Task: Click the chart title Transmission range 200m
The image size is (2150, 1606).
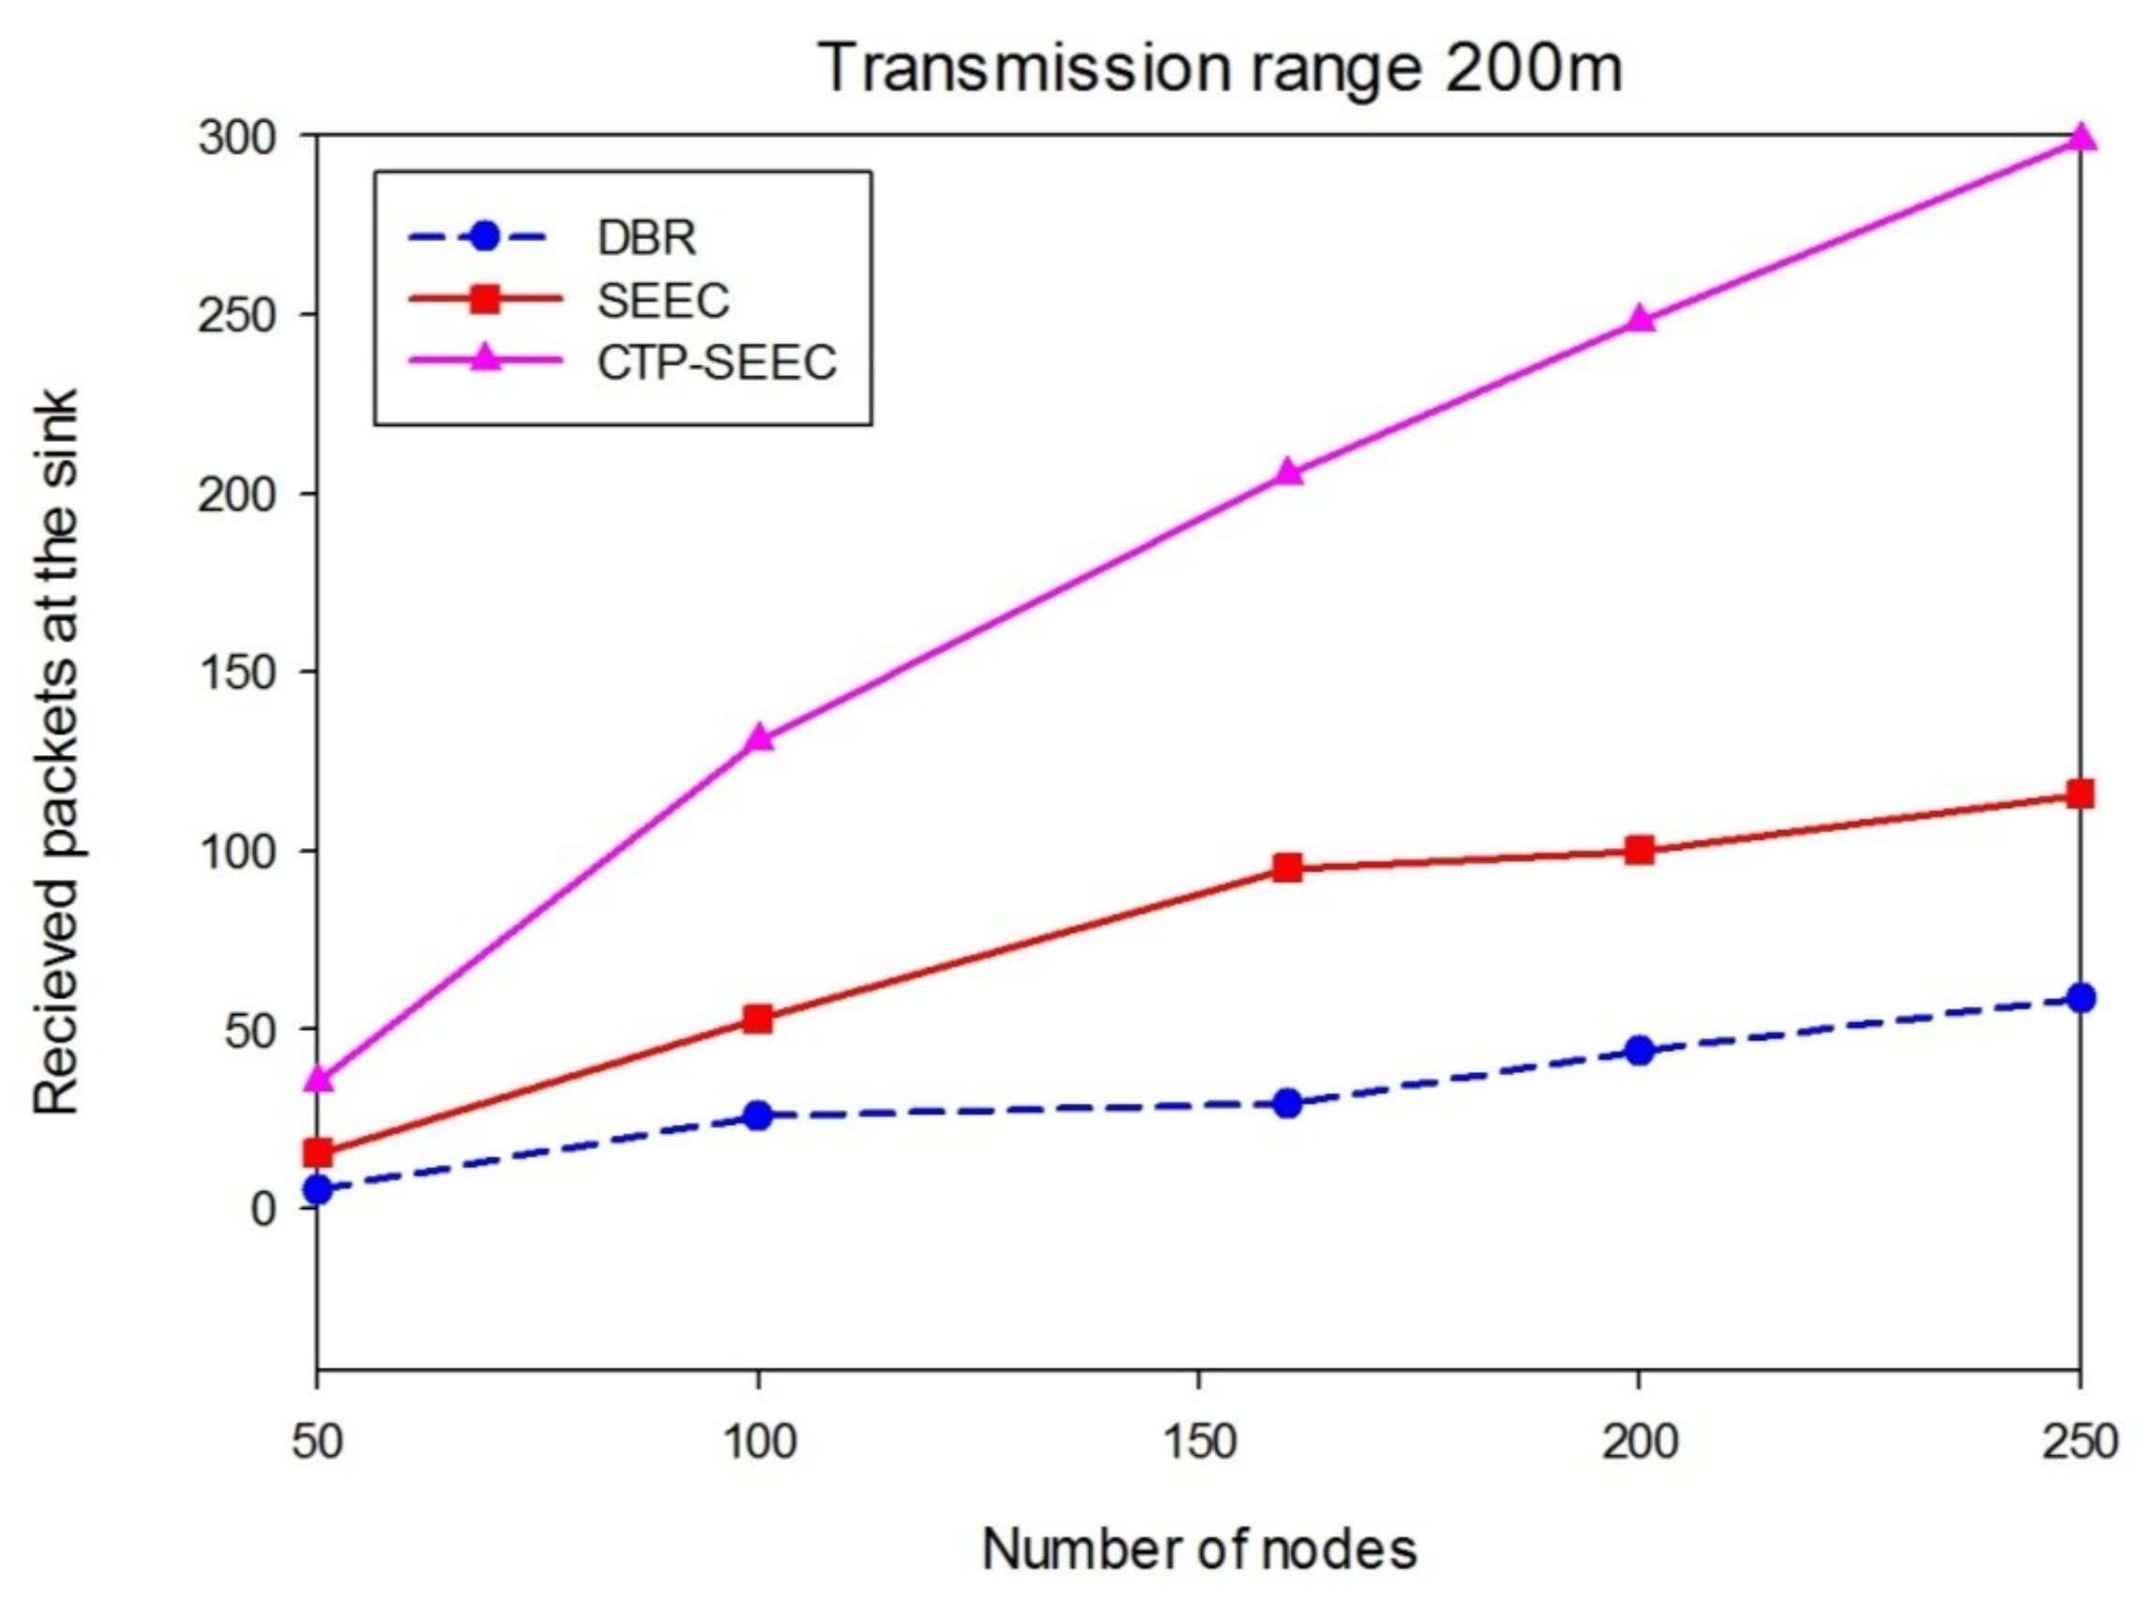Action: click(x=1221, y=68)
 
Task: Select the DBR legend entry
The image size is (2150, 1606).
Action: click(x=646, y=237)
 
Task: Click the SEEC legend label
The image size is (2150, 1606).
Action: click(x=663, y=299)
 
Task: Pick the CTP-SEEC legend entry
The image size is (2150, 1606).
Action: click(x=717, y=363)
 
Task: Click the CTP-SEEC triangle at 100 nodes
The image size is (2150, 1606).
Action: click(x=759, y=738)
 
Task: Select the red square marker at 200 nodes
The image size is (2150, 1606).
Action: click(x=1640, y=851)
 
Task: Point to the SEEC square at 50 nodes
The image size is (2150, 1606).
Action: click(x=318, y=1153)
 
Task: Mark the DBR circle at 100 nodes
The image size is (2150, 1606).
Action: click(x=758, y=1115)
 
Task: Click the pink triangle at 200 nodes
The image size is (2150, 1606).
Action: click(x=1640, y=319)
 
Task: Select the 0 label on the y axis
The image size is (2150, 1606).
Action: click(x=263, y=1208)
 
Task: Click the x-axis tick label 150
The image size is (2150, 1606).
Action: click(x=1199, y=1442)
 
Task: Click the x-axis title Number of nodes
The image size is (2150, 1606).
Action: click(x=1199, y=1549)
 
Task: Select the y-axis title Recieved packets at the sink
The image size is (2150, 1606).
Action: click(x=56, y=751)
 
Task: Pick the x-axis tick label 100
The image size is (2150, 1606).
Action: click(x=758, y=1442)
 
